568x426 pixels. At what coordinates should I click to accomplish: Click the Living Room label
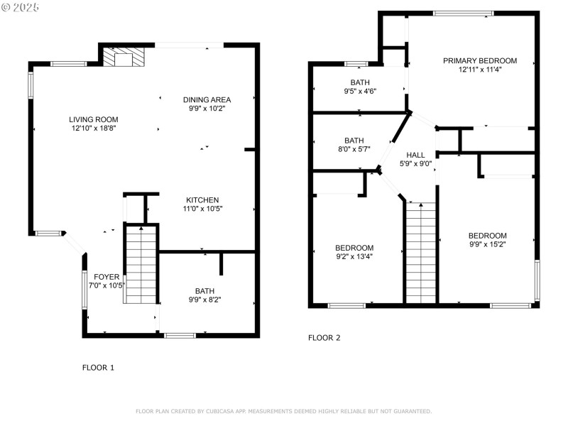(x=94, y=119)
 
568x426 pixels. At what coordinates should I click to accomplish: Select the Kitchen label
(x=202, y=200)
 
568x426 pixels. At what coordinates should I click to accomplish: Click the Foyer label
(x=106, y=277)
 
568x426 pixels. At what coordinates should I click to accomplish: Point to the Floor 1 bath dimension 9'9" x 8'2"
(x=205, y=300)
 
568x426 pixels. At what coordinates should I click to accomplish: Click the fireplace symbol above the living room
(x=124, y=57)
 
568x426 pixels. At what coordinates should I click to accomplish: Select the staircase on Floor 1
(x=141, y=264)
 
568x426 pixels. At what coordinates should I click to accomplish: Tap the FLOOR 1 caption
(x=98, y=368)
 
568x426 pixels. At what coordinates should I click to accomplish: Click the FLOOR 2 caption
(x=324, y=338)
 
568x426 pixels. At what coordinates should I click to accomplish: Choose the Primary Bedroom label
(x=480, y=61)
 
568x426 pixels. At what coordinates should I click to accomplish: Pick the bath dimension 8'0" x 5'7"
(x=354, y=150)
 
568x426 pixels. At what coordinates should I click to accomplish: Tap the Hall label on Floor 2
(x=415, y=155)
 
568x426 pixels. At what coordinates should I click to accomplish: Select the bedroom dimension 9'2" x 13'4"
(x=354, y=257)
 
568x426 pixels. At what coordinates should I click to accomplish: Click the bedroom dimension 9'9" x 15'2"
(x=487, y=245)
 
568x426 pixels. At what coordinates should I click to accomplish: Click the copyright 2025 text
(x=21, y=6)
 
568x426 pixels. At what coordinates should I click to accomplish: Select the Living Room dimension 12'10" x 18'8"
(x=94, y=129)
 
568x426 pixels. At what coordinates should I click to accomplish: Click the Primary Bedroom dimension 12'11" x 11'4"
(x=480, y=70)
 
